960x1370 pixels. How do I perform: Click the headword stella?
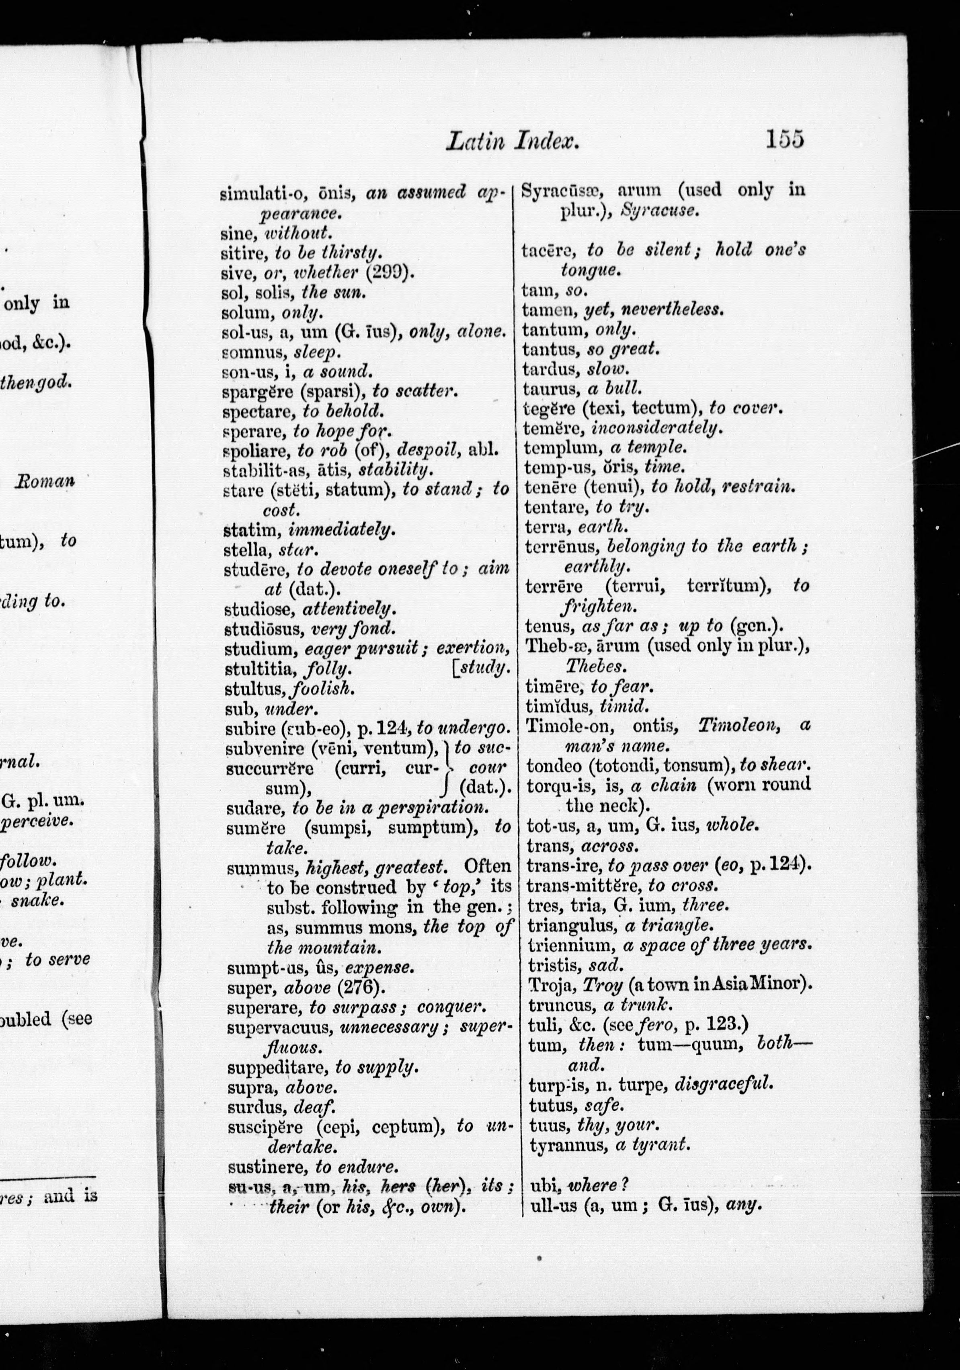click(245, 548)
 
